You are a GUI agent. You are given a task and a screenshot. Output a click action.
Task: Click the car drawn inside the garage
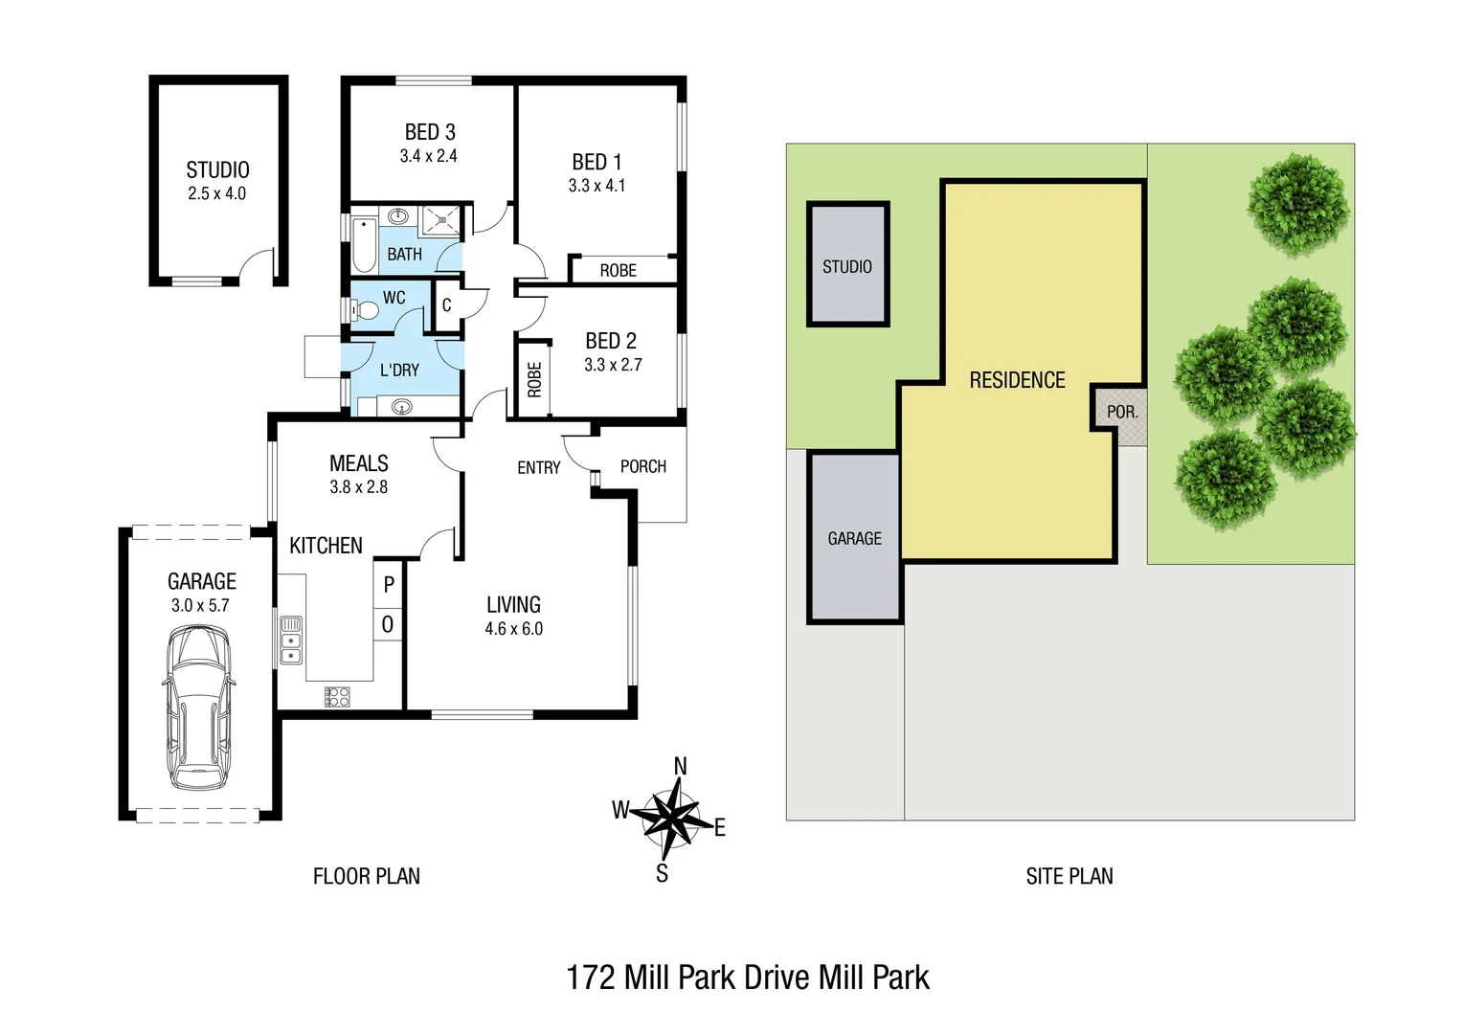coord(199,708)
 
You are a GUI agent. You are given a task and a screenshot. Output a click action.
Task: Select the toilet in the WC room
coord(365,309)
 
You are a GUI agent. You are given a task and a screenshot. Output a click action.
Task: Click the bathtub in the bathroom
coord(364,245)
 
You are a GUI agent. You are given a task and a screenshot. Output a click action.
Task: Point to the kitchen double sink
coord(291,641)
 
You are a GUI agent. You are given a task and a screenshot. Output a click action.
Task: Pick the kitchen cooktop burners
coord(337,697)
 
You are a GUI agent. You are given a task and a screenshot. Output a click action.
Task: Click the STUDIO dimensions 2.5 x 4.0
coord(217,193)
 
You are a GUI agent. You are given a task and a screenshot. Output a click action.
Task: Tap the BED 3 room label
coord(430,132)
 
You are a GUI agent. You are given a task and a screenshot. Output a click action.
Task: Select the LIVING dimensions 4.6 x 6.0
coord(513,629)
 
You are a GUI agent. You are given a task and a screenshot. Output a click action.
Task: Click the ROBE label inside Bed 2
coord(534,379)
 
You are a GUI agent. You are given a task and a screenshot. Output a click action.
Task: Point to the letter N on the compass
coord(680,766)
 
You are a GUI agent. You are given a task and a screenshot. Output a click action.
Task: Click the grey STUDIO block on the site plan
coord(848,265)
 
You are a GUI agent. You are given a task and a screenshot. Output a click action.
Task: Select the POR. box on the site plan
coord(1121,413)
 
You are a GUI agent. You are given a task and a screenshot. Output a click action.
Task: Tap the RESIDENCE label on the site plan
coord(1017,380)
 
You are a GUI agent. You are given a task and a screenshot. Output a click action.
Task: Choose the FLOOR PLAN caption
coord(367,876)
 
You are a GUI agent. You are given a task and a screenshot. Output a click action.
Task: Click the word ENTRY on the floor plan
coord(538,468)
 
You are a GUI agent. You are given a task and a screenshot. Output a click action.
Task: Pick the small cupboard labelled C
coord(446,305)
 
